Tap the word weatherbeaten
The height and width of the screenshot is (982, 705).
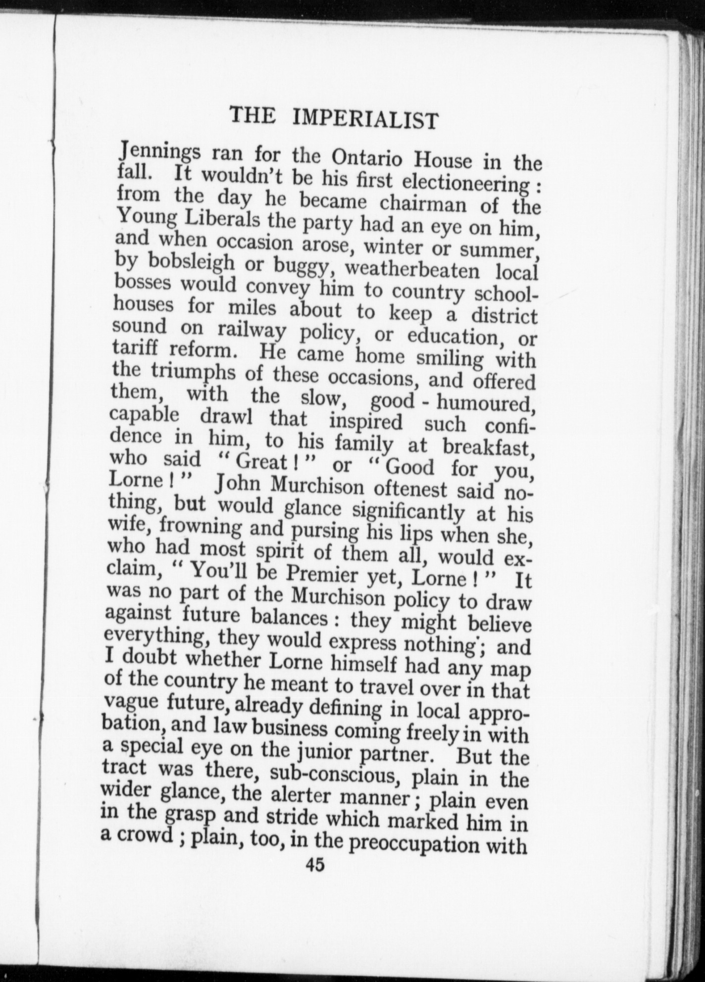click(x=412, y=269)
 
